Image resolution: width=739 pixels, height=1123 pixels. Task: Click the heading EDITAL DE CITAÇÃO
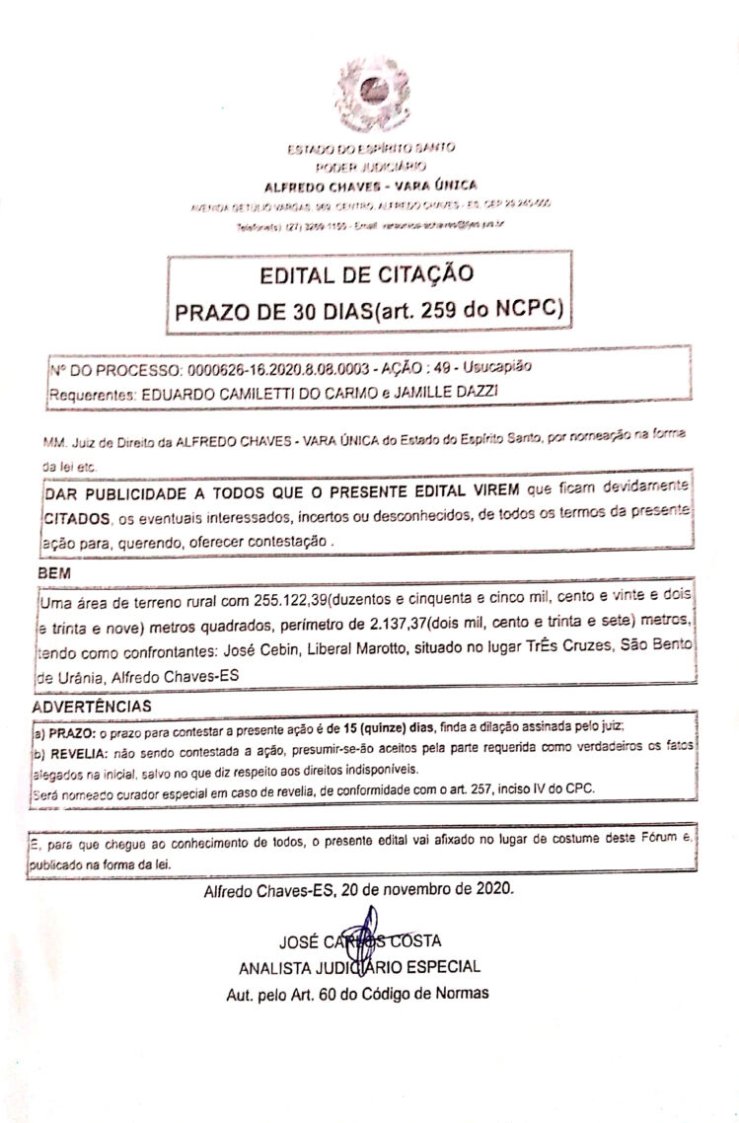[x=367, y=273]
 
